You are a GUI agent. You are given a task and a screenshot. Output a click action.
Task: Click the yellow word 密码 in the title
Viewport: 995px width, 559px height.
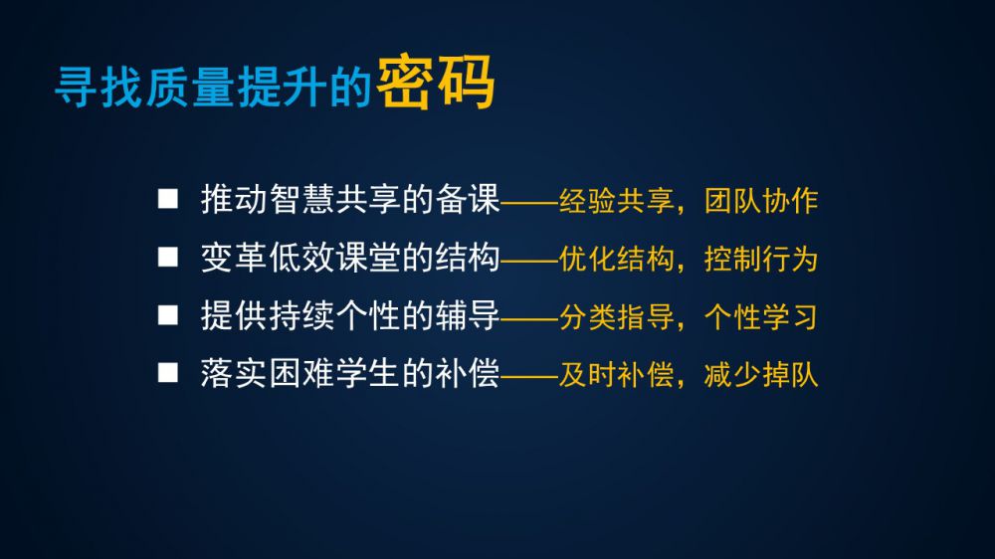[x=436, y=84]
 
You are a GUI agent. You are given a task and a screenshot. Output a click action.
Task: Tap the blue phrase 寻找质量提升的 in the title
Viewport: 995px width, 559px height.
[x=213, y=87]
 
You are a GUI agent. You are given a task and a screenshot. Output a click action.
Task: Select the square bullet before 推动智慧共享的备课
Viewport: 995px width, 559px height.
[x=167, y=199]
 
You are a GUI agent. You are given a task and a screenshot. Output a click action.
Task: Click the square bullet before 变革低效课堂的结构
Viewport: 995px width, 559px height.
[x=167, y=257]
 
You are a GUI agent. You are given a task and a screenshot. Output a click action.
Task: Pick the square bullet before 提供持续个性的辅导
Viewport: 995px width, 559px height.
[x=167, y=314]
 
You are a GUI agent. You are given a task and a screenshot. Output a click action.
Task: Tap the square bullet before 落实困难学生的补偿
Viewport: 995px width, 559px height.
[x=167, y=372]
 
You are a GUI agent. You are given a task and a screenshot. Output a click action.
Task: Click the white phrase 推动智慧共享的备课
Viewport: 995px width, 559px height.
[x=350, y=199]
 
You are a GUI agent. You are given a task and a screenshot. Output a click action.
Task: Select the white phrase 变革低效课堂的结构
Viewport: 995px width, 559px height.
[x=350, y=258]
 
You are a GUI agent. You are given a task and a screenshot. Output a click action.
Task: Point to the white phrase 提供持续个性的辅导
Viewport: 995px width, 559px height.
[x=350, y=315]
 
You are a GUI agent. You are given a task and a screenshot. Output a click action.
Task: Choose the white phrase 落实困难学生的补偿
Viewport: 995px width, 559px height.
[x=350, y=373]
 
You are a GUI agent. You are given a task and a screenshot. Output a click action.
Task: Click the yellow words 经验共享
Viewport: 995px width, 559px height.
[x=616, y=201]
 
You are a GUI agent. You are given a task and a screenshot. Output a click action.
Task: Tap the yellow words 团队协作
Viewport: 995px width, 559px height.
[x=761, y=201]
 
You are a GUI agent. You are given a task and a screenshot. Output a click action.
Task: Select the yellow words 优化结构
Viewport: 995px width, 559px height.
[x=616, y=259]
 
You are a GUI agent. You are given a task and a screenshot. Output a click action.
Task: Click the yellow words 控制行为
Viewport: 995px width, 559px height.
[x=761, y=259]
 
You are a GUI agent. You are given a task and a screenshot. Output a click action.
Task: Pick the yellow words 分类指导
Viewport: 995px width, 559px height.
[x=616, y=317]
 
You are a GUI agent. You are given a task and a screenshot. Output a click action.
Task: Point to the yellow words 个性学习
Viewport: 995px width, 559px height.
[x=761, y=317]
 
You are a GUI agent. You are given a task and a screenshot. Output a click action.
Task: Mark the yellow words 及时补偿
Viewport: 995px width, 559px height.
[x=616, y=375]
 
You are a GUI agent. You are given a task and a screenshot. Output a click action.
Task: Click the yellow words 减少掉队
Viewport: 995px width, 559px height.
[x=761, y=375]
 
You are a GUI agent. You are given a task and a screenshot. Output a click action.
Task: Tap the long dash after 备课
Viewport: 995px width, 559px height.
[x=529, y=203]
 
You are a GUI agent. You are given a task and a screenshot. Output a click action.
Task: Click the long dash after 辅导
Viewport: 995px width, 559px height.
[x=529, y=319]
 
